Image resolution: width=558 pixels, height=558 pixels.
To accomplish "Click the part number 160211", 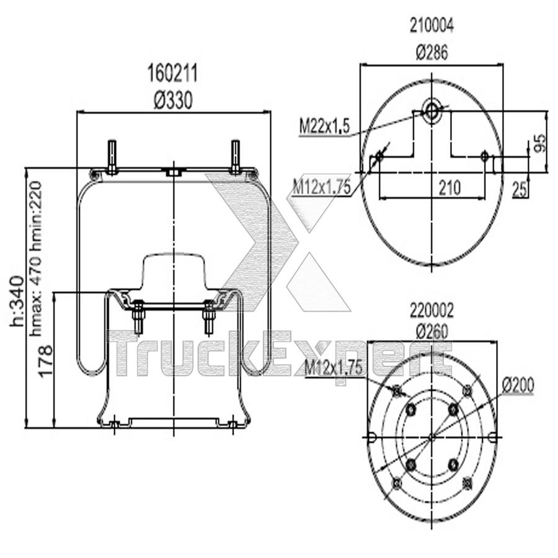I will coord(172,74).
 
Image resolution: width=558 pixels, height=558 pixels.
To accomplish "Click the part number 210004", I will coord(432,26).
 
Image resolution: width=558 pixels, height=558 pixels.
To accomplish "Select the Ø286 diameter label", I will coord(432,53).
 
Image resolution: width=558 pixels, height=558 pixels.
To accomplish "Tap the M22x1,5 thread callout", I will coord(325,127).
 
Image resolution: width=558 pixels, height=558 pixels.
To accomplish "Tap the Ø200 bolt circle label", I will coord(518,385).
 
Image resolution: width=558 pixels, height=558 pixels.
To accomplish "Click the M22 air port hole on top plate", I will coord(432,110).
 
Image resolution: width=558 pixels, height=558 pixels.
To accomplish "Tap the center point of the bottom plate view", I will coord(432,437).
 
